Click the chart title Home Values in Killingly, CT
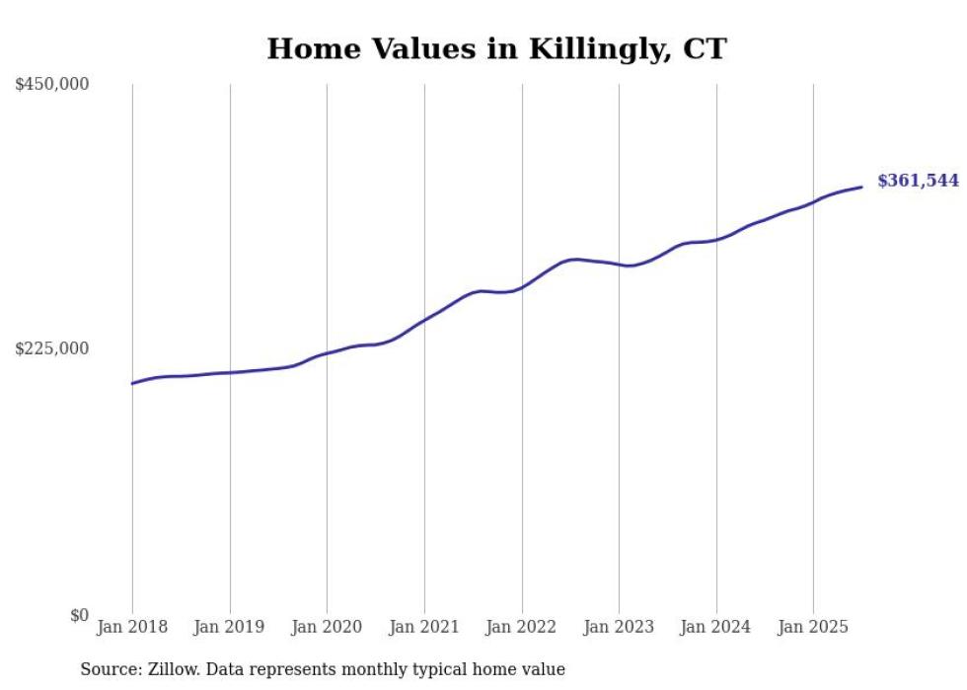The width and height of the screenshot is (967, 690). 496,48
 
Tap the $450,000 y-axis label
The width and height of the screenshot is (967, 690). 52,85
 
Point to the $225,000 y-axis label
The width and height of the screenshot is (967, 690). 52,348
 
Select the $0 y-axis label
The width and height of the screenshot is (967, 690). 79,615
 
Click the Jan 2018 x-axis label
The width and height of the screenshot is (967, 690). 132,627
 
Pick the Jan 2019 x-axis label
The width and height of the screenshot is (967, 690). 230,627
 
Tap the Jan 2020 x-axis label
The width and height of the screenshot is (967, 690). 327,627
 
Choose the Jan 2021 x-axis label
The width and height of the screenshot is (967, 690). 424,627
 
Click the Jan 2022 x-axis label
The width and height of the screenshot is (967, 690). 521,627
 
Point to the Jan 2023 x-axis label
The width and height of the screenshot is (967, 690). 619,627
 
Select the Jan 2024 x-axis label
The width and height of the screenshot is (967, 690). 716,627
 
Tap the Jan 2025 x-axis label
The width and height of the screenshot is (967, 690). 813,627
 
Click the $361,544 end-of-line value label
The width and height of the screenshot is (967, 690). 918,181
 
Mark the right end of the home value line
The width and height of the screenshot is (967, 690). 861,187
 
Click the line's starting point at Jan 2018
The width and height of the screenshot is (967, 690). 132,383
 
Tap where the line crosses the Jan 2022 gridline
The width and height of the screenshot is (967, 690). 521,287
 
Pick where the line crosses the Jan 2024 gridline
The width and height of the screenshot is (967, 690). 716,239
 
